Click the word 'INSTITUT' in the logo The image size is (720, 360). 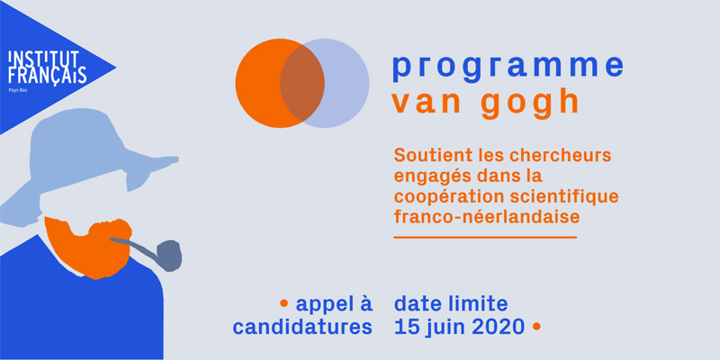pyautogui.click(x=43, y=58)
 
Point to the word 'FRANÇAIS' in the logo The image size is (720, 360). pyautogui.click(x=48, y=76)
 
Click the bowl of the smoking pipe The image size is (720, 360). pyautogui.click(x=168, y=255)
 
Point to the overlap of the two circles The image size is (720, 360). pyautogui.click(x=302, y=83)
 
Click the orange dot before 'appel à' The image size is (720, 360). pyautogui.click(x=283, y=302)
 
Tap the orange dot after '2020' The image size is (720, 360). pyautogui.click(x=535, y=326)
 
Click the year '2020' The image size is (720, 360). pyautogui.click(x=499, y=327)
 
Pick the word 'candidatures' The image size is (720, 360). pyautogui.click(x=302, y=327)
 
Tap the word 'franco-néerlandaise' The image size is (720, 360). pyautogui.click(x=487, y=217)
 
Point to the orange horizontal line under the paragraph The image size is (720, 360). pyautogui.click(x=485, y=238)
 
